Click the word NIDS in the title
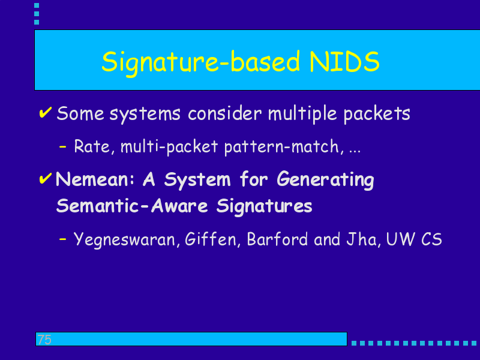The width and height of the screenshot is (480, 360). pos(344,61)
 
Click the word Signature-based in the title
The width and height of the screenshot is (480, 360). pos(200,63)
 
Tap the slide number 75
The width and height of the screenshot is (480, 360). pos(44,340)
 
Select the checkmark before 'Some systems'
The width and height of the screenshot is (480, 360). pos(46,112)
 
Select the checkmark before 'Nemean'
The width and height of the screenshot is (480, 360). pos(46,178)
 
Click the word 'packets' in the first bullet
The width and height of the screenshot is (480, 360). pos(377,114)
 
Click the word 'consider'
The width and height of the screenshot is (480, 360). pos(224,113)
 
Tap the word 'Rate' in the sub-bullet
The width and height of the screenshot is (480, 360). pos(92,146)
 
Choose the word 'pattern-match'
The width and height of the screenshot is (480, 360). pos(281,147)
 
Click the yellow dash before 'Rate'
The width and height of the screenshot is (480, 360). pos(62,146)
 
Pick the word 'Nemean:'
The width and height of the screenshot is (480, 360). pos(95,179)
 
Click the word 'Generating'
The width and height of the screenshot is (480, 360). pos(325,180)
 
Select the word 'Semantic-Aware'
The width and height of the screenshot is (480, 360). pos(132,205)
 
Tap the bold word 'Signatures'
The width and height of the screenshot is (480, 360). pos(264,206)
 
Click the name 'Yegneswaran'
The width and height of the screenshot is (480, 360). pos(124,239)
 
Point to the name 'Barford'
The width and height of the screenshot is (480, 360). pos(277,239)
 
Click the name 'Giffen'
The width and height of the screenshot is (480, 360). pos(211,239)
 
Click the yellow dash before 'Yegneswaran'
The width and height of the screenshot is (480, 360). pos(62,239)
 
